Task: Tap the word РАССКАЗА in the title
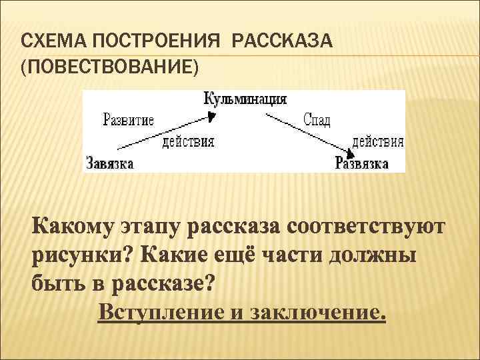click(282, 43)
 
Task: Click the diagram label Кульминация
click(245, 99)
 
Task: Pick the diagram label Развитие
click(129, 120)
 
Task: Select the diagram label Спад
click(317, 120)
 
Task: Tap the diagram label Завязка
click(110, 163)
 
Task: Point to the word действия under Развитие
click(189, 141)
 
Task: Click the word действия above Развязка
click(377, 141)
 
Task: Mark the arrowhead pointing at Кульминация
click(211, 115)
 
